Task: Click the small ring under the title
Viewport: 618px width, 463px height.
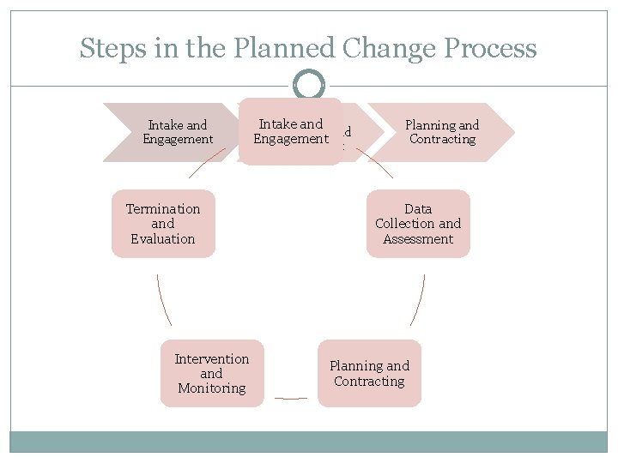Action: (x=308, y=85)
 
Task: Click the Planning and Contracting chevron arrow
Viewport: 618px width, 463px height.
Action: (x=442, y=132)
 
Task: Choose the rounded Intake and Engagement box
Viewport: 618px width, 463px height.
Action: (x=290, y=131)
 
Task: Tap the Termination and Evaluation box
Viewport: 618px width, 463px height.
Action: (x=163, y=224)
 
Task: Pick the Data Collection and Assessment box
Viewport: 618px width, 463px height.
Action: (x=418, y=224)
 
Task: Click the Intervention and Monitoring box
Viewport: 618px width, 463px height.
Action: (x=212, y=374)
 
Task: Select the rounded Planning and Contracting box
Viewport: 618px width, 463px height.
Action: (x=369, y=374)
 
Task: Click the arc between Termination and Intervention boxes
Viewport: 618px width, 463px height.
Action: (x=163, y=300)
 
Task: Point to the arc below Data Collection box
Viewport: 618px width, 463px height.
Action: (x=418, y=300)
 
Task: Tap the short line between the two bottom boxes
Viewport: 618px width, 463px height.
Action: (x=290, y=398)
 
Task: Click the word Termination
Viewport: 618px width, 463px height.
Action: (x=163, y=209)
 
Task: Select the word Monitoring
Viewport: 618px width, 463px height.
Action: (x=212, y=388)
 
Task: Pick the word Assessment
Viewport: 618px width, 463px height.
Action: (x=418, y=239)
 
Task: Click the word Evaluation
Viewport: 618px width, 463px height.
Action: (x=163, y=239)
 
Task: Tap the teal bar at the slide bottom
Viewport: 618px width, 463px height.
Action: (x=309, y=442)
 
